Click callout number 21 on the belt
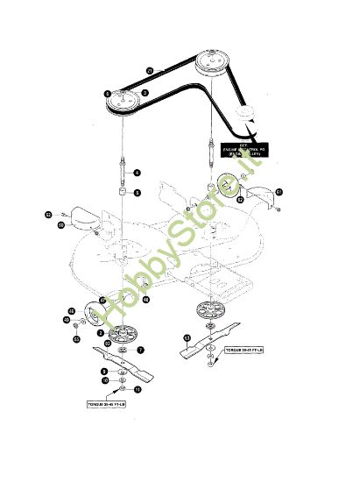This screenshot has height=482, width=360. pos(150,69)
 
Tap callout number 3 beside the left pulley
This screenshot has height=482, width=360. pos(145,91)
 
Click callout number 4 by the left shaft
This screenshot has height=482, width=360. pos(137,172)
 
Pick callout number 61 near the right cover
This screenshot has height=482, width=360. pos(279,190)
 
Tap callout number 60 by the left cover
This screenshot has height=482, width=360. pos(61,225)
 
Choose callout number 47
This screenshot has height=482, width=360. pos(102,300)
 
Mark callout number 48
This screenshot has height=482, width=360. pos(145,300)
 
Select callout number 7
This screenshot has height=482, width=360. pos(139,350)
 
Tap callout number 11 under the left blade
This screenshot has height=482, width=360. pos(135,388)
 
